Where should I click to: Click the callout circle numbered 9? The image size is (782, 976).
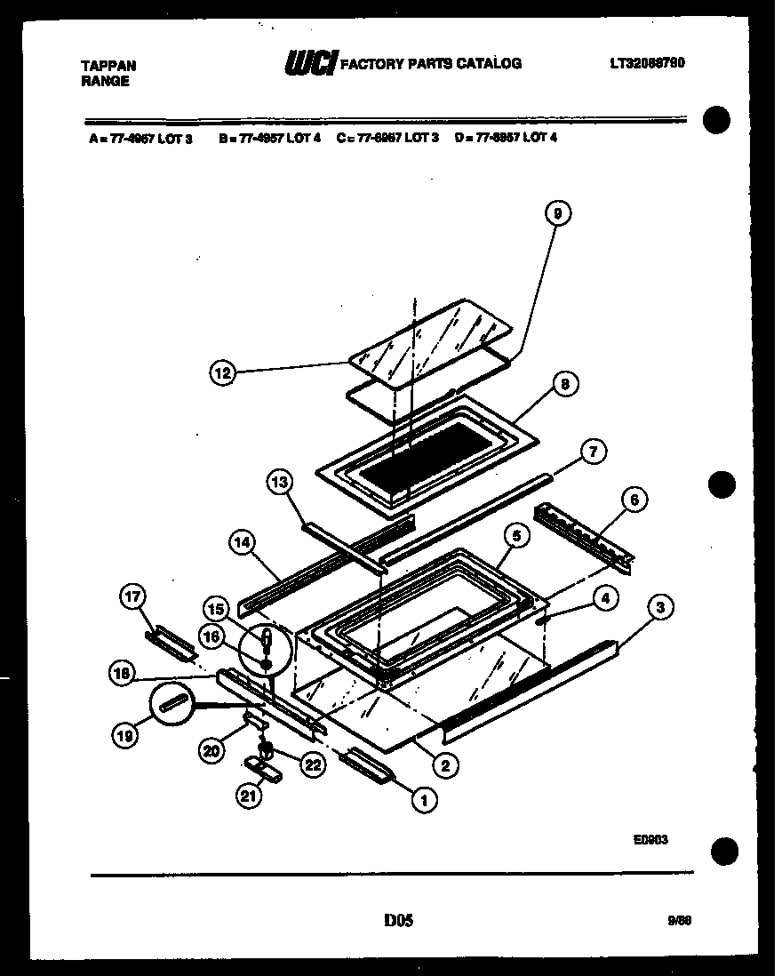coord(557,213)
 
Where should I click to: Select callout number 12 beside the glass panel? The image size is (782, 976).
coord(223,374)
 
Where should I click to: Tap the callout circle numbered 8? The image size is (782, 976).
coord(563,384)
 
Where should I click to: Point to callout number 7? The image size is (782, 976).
coord(593,452)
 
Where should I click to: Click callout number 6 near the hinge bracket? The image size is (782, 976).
coord(634,500)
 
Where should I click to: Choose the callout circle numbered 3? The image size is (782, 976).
coord(660,608)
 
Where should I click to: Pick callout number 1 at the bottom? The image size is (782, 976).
coord(424,800)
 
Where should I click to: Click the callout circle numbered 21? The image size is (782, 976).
coord(250,797)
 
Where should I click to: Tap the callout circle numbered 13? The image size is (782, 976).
coord(279,483)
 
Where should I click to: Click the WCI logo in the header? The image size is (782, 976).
coord(309,63)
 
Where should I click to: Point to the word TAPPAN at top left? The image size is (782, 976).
coord(108,66)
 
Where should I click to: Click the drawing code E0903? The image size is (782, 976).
coord(651,838)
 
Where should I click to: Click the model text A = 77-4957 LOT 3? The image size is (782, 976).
coord(140,138)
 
